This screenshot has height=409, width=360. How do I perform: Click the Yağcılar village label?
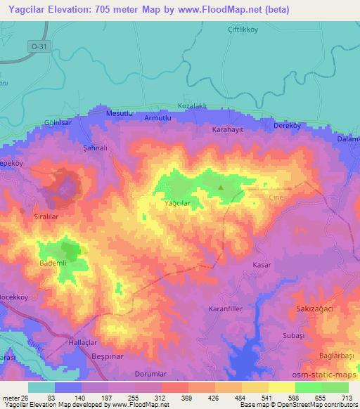pos(176,203)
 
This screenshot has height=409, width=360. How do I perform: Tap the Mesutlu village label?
pos(120,113)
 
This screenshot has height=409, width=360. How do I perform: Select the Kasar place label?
pos(262,264)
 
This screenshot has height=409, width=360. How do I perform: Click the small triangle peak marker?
pos(221,188)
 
